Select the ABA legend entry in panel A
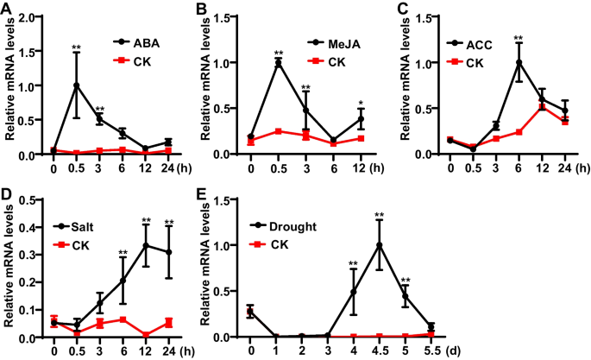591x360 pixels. tap(146, 41)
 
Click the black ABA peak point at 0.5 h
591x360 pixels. tap(77, 85)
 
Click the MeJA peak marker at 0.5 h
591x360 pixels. tap(279, 62)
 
